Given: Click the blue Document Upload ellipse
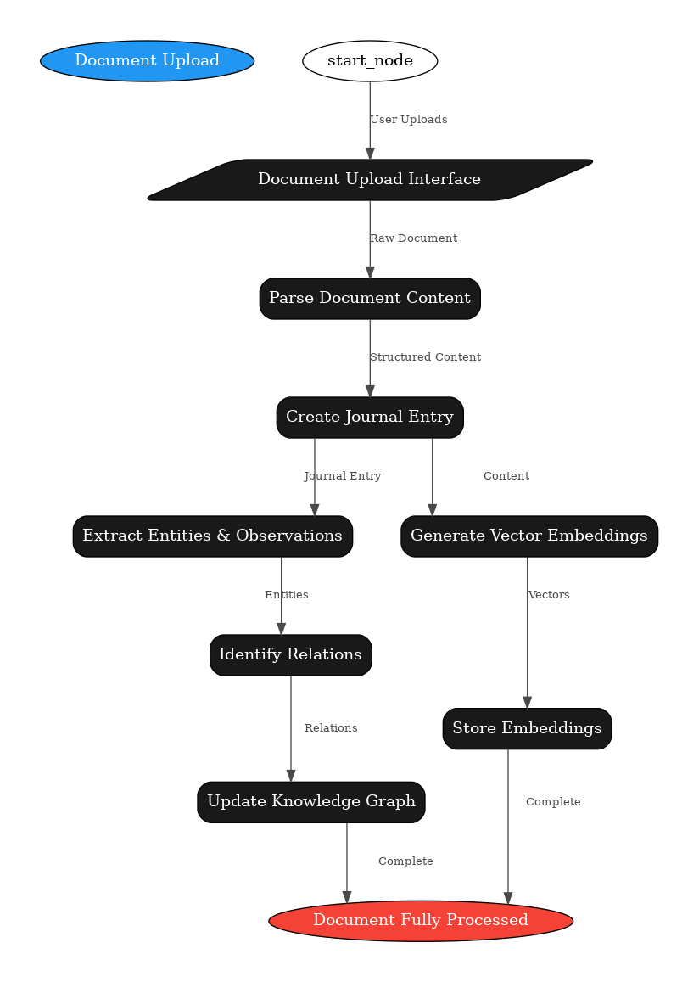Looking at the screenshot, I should (147, 61).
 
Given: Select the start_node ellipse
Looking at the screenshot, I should (370, 61).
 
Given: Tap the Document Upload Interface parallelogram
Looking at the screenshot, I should (370, 180).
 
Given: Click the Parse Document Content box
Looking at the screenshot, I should (370, 299).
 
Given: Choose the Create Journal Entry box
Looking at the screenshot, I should (370, 418).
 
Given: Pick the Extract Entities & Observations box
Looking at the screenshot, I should (212, 536).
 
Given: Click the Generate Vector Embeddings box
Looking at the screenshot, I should (528, 536).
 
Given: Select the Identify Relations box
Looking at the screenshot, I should (290, 655).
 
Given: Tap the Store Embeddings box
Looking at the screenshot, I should (527, 729).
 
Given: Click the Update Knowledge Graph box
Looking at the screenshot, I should (311, 802).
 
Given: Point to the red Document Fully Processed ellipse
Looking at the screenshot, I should (421, 921).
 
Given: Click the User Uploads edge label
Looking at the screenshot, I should (408, 120).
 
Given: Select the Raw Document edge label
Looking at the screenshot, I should (413, 238).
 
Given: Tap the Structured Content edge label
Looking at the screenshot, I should (425, 357).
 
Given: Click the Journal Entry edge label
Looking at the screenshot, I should (343, 476).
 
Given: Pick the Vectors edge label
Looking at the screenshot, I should (549, 595).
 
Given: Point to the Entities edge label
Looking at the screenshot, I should (287, 595).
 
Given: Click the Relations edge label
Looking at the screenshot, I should (331, 728).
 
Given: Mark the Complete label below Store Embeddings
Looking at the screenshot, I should (553, 802).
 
